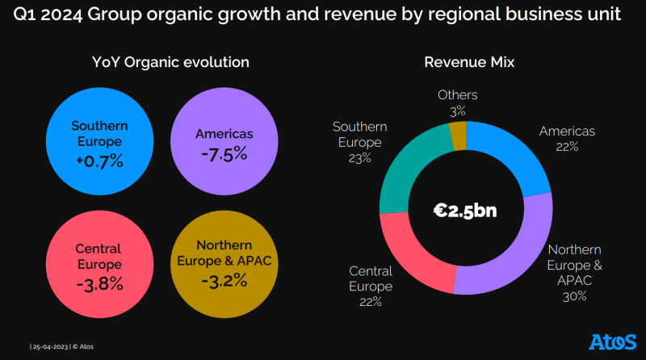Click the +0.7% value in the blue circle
(99, 161)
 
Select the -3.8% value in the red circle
(99, 283)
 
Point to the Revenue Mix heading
(469, 62)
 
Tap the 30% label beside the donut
(575, 296)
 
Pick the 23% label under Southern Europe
(359, 158)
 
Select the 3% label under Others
(457, 110)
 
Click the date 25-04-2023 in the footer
(50, 346)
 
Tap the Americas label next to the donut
(567, 131)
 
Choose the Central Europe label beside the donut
(371, 278)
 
